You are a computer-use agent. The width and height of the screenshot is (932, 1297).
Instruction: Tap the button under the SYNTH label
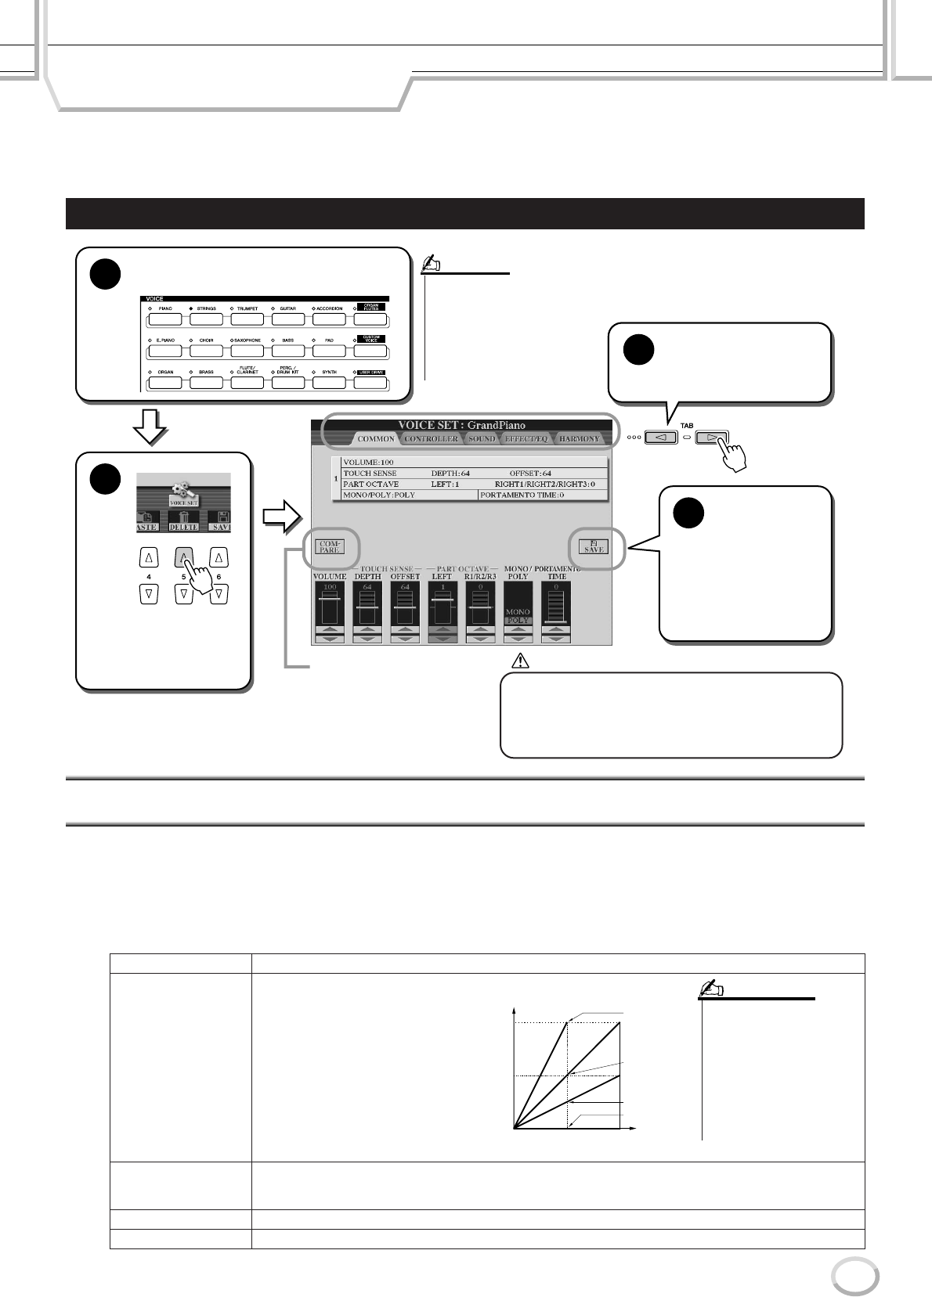coord(330,384)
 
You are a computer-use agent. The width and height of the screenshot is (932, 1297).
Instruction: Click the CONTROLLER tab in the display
coord(431,438)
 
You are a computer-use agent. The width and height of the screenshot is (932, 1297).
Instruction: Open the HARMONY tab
coord(579,438)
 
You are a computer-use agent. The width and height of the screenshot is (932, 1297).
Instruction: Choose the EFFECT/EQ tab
coord(526,438)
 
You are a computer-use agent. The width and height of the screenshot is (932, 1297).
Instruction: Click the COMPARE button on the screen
coord(329,546)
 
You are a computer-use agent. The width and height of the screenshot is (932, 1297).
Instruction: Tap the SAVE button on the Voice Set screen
coord(594,546)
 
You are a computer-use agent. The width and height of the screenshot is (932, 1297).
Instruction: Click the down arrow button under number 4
coord(149,593)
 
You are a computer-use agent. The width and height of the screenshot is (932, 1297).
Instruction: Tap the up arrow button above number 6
coord(220,557)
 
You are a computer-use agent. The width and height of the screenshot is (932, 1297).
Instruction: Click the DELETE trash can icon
coord(182,516)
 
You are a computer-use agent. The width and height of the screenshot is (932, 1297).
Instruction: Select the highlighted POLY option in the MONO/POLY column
coord(518,620)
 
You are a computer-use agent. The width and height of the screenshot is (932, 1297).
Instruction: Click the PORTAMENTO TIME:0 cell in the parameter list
coord(542,495)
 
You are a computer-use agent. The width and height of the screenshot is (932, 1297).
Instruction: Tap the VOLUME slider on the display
coord(330,608)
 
